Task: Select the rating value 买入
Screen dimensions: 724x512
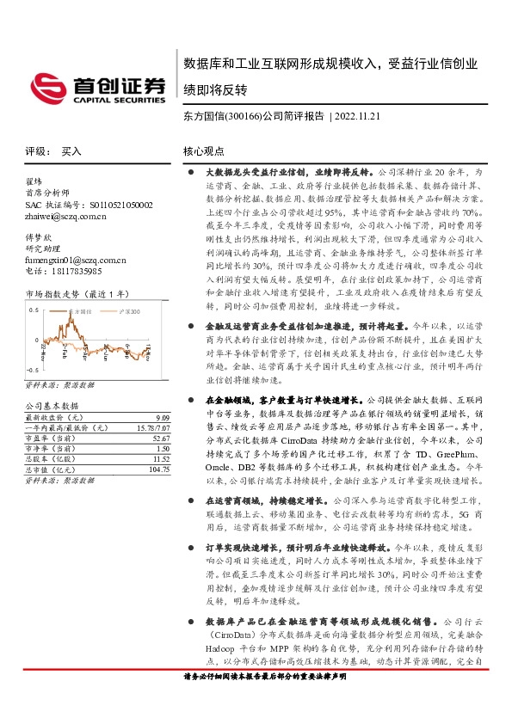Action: pyautogui.click(x=71, y=151)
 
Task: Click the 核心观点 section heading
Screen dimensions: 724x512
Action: pyautogui.click(x=203, y=151)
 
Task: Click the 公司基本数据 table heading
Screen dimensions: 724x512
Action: pyautogui.click(x=52, y=405)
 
